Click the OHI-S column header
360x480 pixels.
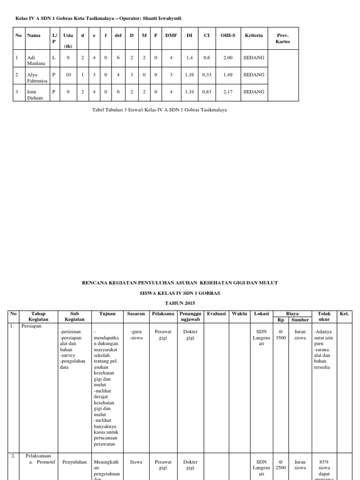tap(227, 35)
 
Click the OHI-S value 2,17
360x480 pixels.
tap(227, 91)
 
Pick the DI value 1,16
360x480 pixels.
tap(189, 75)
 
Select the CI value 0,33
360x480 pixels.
tap(206, 75)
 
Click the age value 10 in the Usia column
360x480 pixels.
tap(68, 75)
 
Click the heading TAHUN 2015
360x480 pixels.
tap(180, 303)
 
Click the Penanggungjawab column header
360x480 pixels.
tap(190, 316)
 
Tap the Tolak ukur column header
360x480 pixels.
tap(323, 316)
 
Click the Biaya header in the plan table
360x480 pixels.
tap(292, 313)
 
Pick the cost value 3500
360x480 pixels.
tap(281, 337)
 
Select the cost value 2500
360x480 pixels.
tap(281, 467)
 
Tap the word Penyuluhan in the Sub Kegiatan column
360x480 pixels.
tap(75, 462)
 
